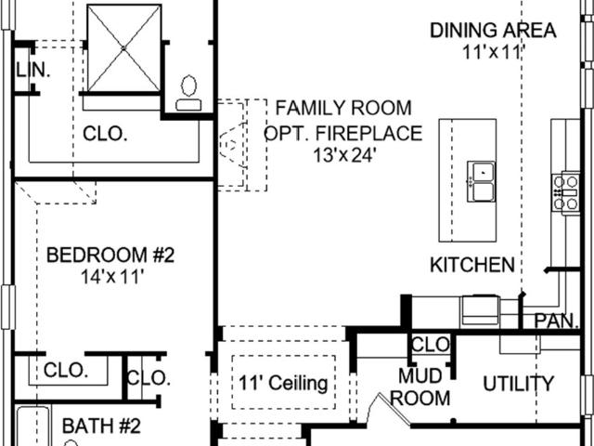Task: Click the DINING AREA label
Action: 493,31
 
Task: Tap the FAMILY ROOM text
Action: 343,108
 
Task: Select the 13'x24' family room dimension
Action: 344,155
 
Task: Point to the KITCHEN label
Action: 472,265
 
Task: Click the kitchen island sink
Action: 481,181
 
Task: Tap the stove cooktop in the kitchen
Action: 566,192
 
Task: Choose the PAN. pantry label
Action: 557,321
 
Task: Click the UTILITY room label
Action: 518,384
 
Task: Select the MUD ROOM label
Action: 420,387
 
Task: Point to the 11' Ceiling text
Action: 283,383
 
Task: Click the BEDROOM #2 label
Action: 110,255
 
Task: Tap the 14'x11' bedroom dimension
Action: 112,277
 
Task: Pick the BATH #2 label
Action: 101,426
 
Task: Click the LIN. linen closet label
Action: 33,71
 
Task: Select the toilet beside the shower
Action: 188,93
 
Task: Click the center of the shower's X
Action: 123,48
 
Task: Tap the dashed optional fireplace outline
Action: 242,145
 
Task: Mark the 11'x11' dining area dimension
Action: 493,52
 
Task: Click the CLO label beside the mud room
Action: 431,345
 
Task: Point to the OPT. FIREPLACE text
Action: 342,133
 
